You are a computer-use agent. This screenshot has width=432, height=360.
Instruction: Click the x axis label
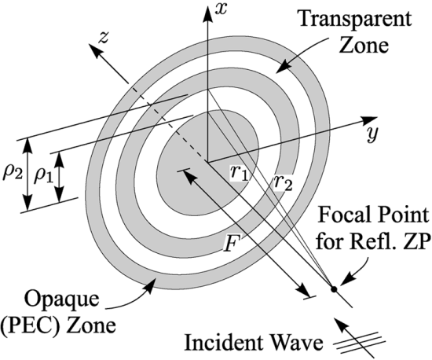click(221, 9)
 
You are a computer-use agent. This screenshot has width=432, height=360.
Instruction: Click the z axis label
click(104, 38)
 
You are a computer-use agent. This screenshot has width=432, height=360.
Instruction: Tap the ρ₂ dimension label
click(12, 174)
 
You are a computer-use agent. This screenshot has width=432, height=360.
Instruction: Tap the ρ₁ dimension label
click(43, 176)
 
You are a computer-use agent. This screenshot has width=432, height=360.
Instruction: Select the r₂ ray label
click(283, 182)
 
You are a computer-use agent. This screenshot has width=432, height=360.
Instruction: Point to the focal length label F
click(232, 243)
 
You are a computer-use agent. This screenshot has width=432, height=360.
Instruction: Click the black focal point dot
click(334, 289)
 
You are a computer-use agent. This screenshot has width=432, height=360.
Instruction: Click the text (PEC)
click(31, 325)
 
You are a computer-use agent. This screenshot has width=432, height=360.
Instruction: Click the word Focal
click(342, 215)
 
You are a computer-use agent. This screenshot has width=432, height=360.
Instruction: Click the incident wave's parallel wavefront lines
click(359, 343)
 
